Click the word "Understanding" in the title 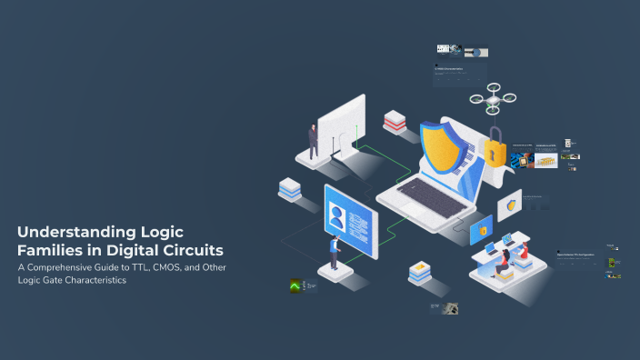click(x=65, y=231)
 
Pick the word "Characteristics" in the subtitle click(x=95, y=280)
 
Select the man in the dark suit click(x=313, y=142)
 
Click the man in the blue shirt click(x=335, y=251)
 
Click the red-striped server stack click(x=395, y=121)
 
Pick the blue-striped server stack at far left click(x=290, y=189)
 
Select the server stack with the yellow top click(x=419, y=272)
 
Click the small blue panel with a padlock click(x=480, y=231)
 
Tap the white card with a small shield click(x=510, y=205)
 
